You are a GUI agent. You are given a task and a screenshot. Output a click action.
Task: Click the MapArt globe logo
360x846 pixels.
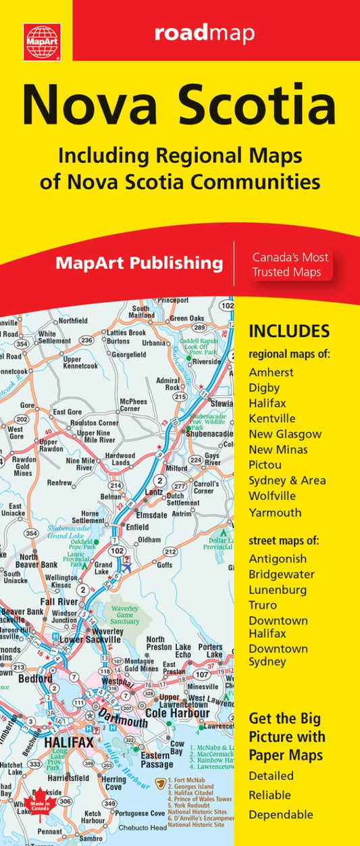[42, 42]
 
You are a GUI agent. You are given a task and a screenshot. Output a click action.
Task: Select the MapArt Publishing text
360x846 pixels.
[139, 263]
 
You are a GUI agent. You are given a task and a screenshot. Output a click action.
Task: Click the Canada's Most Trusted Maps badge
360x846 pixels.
[290, 264]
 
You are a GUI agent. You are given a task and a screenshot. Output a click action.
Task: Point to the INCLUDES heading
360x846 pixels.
[289, 331]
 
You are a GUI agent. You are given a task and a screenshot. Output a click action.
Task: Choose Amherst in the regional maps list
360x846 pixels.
[272, 372]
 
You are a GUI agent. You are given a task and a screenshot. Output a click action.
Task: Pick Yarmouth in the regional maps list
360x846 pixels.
[275, 512]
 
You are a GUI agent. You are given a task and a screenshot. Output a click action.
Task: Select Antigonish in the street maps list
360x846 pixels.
[278, 559]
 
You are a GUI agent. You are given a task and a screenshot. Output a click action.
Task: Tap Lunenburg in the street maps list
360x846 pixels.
[278, 590]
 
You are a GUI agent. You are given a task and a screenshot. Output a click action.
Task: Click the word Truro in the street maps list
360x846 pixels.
[263, 605]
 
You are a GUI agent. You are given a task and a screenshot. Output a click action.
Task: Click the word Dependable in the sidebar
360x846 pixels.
[281, 814]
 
